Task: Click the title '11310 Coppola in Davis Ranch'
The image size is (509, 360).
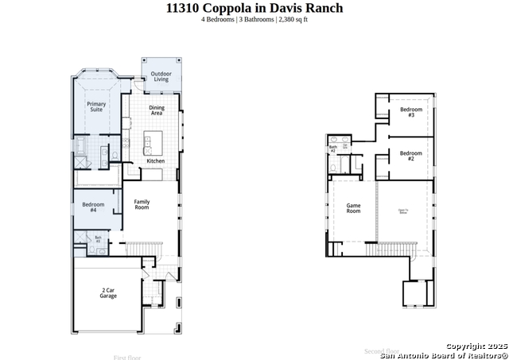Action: pyautogui.click(x=254, y=8)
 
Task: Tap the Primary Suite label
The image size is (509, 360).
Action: pyautogui.click(x=96, y=106)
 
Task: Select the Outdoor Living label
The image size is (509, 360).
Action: pyautogui.click(x=161, y=76)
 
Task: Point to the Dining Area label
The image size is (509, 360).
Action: pyautogui.click(x=157, y=110)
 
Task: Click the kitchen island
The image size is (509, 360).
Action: pyautogui.click(x=147, y=144)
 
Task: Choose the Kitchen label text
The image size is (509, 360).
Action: pyautogui.click(x=155, y=161)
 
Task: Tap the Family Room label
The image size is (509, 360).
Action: pyautogui.click(x=142, y=204)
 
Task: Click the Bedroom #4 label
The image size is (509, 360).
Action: pyautogui.click(x=93, y=207)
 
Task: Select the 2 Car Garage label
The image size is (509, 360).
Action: pyautogui.click(x=108, y=293)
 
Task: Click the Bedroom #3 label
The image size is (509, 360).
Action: pyautogui.click(x=410, y=112)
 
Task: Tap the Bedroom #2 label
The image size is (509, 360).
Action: pyautogui.click(x=410, y=156)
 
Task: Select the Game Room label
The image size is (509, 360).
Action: pyautogui.click(x=353, y=208)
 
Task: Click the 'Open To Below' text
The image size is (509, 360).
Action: pyautogui.click(x=403, y=211)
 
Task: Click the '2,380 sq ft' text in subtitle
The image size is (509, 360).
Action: pyautogui.click(x=293, y=19)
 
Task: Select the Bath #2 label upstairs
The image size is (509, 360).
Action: pyautogui.click(x=333, y=149)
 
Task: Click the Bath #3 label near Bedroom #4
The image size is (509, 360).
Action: pyautogui.click(x=98, y=238)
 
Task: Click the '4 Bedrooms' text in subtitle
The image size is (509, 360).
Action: pyautogui.click(x=217, y=19)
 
